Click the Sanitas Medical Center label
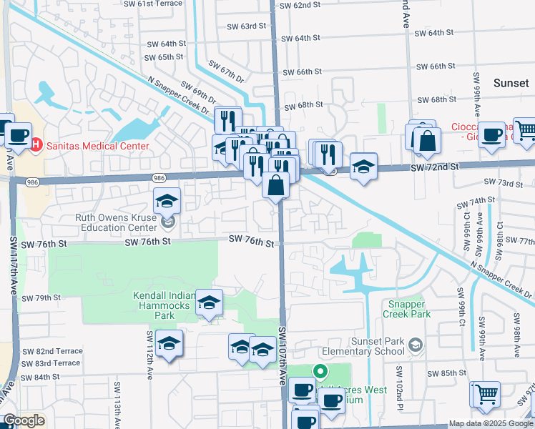click(99, 146)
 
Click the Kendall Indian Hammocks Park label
click(165, 305)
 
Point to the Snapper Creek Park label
click(406, 308)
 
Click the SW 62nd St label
click(300, 5)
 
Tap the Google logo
click(24, 420)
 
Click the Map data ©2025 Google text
click(491, 423)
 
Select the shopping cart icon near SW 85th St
click(484, 393)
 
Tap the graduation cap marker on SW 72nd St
click(363, 167)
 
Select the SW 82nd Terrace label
click(52, 351)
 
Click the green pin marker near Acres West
click(320, 371)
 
